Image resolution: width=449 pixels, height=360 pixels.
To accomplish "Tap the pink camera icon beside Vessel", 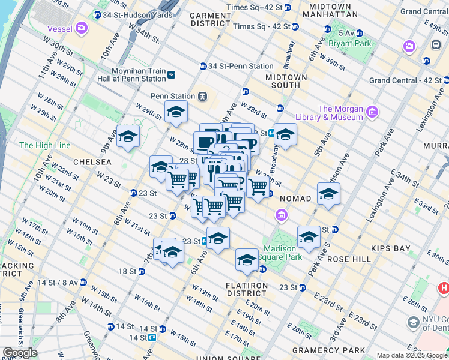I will click(x=82, y=28).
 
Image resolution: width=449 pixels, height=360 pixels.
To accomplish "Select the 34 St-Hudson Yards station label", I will click(x=133, y=14).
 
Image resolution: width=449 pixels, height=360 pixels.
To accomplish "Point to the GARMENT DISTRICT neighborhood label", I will click(x=210, y=19).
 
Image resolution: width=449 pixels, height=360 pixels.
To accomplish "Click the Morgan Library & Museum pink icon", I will click(x=372, y=112).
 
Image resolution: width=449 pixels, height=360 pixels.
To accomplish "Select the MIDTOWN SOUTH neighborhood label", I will click(x=287, y=81).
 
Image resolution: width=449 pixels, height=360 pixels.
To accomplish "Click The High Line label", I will click(x=44, y=145).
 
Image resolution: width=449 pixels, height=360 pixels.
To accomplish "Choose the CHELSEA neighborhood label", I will click(x=92, y=162).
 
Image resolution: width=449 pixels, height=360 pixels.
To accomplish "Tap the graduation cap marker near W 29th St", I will click(x=176, y=112).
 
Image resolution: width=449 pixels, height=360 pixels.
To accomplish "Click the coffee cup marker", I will click(x=204, y=142).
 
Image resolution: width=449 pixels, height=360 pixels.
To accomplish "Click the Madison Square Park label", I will click(x=279, y=253).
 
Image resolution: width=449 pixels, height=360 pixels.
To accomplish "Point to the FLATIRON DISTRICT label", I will click(x=246, y=289).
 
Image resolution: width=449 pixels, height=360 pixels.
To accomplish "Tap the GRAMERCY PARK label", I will click(x=328, y=350).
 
